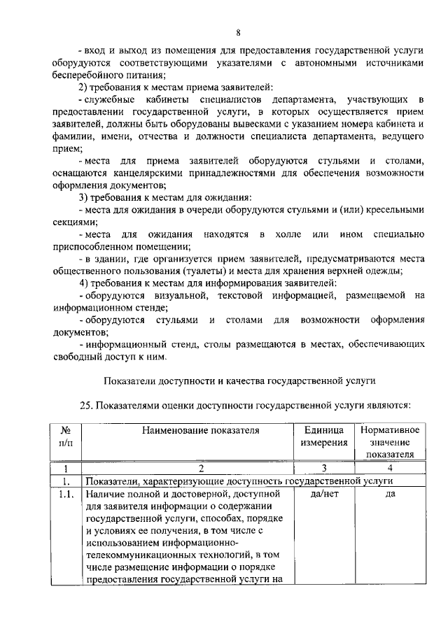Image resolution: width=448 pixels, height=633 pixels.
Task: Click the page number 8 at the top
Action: (x=238, y=33)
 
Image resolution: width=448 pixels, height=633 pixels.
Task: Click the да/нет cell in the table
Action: (x=324, y=495)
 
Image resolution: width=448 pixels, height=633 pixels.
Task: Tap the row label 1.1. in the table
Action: (x=66, y=495)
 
